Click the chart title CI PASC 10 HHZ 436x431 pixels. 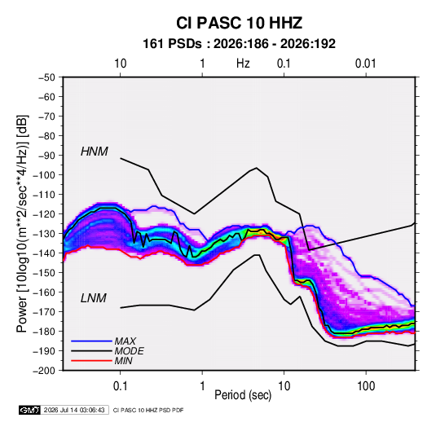tap(239, 23)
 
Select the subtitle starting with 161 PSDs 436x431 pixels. tap(239, 44)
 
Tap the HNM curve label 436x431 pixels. tap(95, 152)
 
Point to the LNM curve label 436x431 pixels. tap(94, 298)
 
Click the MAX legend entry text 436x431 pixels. tap(126, 341)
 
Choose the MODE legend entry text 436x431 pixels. tap(129, 351)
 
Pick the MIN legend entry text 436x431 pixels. tap(123, 361)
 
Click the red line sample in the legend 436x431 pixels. tap(91, 361)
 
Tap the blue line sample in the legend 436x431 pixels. tap(91, 341)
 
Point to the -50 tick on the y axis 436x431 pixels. tap(46, 77)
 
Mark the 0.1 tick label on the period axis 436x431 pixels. tap(120, 386)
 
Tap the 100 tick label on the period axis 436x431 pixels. tap(366, 386)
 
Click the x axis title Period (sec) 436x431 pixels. tap(243, 395)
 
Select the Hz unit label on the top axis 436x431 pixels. tap(243, 64)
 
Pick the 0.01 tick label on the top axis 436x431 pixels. tap(365, 64)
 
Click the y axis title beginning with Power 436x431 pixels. tap(22, 223)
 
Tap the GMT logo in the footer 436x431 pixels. tap(29, 410)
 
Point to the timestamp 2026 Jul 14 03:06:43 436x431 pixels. tap(74, 410)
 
